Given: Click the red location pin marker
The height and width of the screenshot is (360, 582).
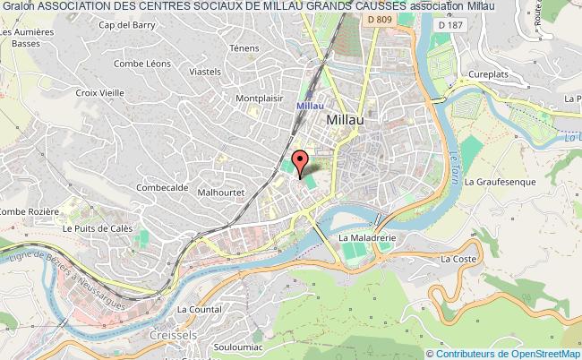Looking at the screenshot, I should pyautogui.click(x=300, y=160).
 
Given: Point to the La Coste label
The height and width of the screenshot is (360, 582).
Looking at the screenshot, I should pyautogui.click(x=458, y=259).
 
